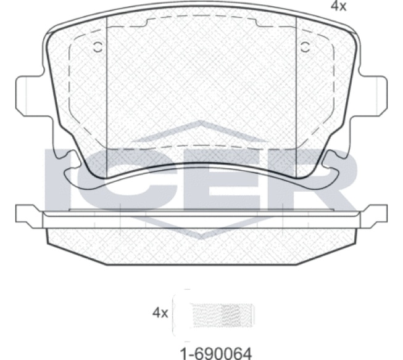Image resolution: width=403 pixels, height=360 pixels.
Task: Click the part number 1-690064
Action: tap(216, 353)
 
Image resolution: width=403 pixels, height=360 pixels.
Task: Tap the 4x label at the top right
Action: tap(338, 6)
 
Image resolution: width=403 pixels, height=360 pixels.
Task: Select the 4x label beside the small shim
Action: tap(160, 313)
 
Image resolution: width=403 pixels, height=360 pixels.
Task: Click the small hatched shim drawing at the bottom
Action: tap(223, 315)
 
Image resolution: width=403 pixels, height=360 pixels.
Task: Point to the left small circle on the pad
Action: tap(98, 47)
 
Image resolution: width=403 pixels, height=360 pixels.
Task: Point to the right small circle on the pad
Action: tap(305, 47)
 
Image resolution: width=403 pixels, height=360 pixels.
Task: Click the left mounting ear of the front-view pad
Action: tap(28, 96)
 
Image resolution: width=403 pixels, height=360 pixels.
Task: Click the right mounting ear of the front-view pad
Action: tap(374, 96)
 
